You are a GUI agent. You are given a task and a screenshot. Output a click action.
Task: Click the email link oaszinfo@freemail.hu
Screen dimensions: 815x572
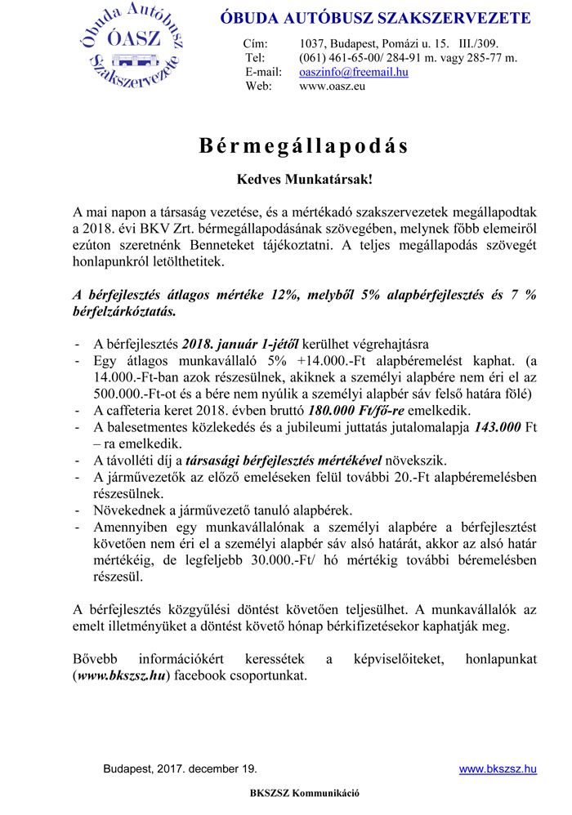tap(354, 72)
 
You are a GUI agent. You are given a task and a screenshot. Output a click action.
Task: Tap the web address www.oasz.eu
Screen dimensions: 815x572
tap(332, 86)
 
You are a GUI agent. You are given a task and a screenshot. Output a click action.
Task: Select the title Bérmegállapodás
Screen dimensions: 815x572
tap(303, 146)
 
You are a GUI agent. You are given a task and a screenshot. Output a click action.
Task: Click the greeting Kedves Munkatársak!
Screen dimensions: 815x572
tap(304, 177)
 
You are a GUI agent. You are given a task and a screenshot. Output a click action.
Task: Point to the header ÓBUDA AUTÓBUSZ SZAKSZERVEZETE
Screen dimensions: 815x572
tap(375, 18)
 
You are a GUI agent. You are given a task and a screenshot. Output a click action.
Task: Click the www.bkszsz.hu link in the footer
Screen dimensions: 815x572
tap(497, 768)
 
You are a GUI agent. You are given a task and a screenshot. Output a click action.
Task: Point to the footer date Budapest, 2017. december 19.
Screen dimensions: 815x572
tap(180, 768)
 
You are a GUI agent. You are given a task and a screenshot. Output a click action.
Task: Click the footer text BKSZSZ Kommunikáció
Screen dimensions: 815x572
tap(304, 793)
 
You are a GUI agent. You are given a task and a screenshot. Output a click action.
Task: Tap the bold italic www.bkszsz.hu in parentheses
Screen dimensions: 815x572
tap(120, 676)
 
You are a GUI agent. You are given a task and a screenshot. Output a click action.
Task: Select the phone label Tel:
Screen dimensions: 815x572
tap(255, 57)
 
